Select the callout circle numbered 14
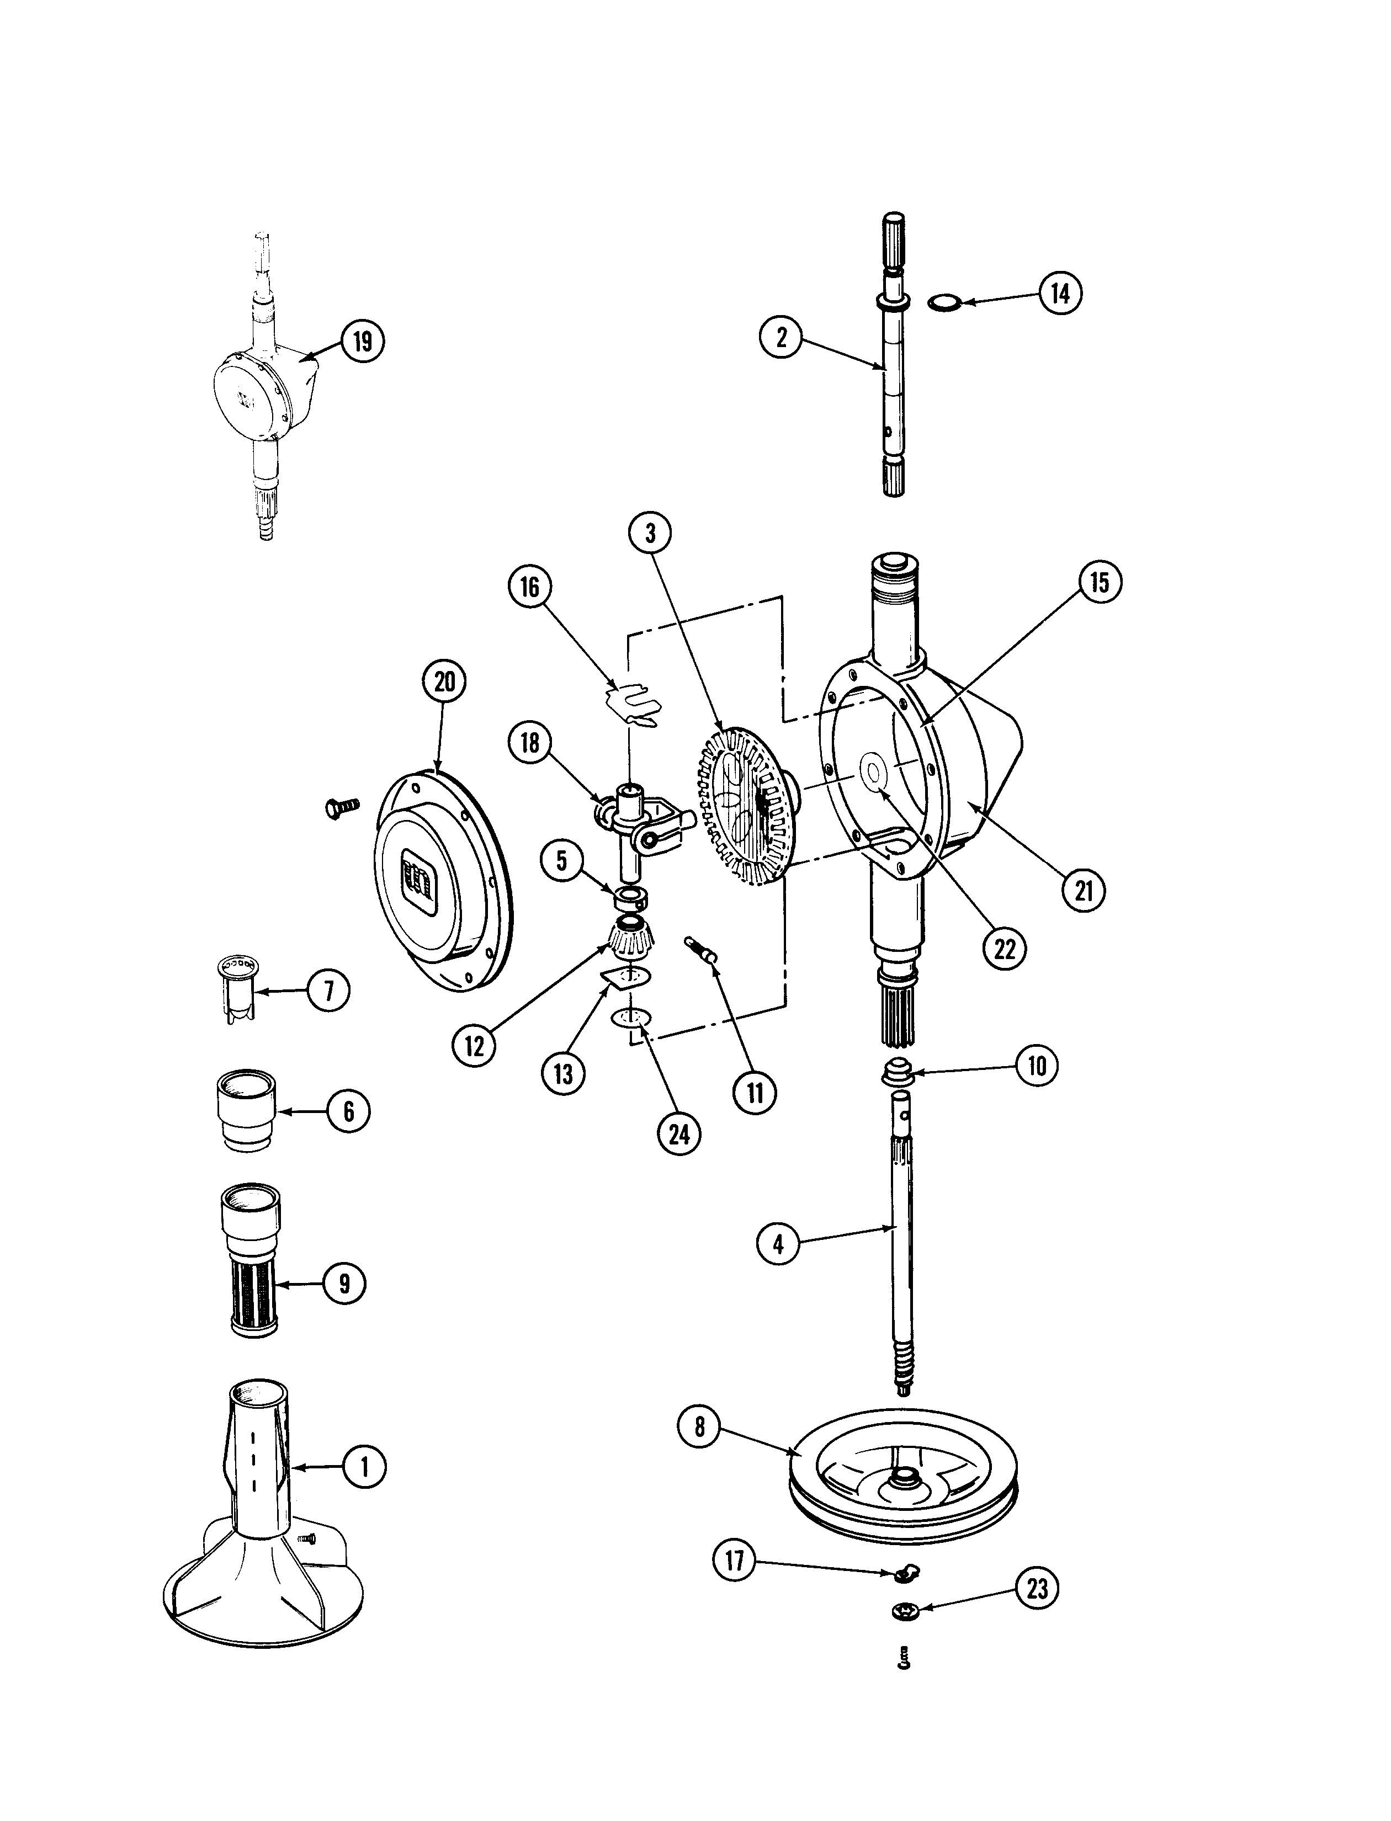(1061, 293)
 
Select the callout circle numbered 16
(529, 587)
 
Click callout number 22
(1005, 949)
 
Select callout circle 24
(679, 1134)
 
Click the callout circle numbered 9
(344, 1284)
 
